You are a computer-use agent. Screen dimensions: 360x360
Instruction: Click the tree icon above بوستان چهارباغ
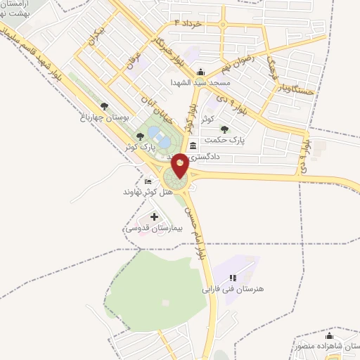point(105,106)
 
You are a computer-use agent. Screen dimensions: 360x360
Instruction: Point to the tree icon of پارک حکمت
point(224,129)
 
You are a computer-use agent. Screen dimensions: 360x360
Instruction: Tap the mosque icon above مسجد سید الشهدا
point(200,71)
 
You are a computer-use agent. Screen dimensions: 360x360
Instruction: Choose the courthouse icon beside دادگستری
point(193,146)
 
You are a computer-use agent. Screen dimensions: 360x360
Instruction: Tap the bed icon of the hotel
point(148,181)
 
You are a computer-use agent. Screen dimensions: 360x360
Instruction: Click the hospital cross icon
point(155,217)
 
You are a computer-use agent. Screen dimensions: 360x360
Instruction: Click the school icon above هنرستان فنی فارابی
point(233,278)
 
